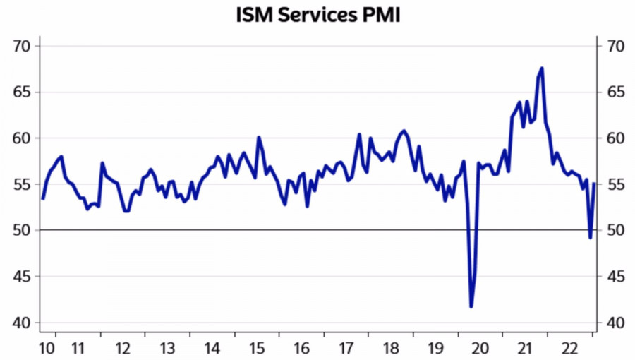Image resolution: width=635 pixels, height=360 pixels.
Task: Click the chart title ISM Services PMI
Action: [x=317, y=15]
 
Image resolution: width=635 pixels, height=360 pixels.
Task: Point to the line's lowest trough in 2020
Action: [x=471, y=306]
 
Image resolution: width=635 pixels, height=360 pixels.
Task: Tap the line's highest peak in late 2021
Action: [x=541, y=68]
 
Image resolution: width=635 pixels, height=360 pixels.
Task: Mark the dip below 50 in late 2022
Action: [x=590, y=237]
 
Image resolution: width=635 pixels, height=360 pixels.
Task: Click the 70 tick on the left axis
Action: [x=23, y=47]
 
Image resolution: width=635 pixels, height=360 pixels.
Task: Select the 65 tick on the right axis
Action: [x=612, y=92]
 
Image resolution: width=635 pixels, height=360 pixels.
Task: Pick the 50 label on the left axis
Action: [x=23, y=230]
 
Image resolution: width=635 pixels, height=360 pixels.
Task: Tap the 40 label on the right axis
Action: [x=612, y=323]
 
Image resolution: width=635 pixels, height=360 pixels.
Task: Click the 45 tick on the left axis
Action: [x=23, y=277]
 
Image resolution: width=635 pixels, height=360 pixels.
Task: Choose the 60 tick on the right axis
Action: [x=612, y=138]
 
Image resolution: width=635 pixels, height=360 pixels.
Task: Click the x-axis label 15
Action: [x=257, y=348]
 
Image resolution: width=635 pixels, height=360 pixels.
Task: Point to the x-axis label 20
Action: [x=480, y=348]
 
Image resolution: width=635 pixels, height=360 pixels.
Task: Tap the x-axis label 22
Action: [x=569, y=348]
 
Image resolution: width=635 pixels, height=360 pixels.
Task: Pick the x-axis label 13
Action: [x=167, y=348]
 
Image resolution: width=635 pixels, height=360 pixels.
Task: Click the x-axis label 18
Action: [x=391, y=348]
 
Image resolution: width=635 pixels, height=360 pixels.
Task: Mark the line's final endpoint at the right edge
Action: [x=594, y=184]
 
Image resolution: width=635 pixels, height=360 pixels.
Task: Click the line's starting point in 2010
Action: [x=43, y=198]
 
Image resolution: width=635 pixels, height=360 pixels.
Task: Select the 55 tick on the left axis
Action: [x=23, y=184]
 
